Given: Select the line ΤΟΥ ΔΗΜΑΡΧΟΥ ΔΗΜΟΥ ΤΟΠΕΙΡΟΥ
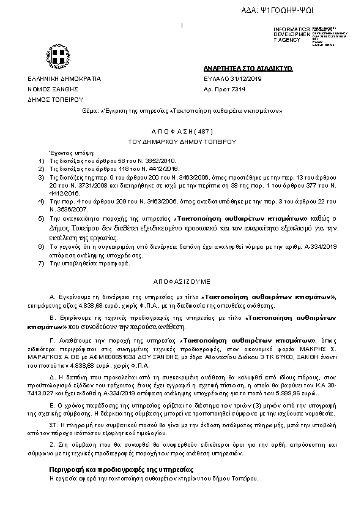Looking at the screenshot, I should pos(182,141).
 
